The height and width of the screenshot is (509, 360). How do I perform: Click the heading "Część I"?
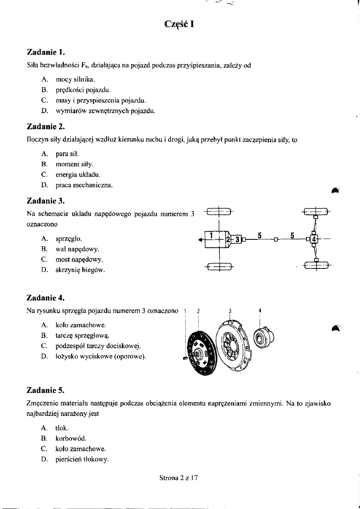pyautogui.click(x=180, y=24)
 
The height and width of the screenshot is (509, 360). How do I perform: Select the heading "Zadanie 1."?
pyautogui.click(x=46, y=52)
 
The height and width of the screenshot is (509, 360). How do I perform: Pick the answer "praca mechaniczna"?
pyautogui.click(x=84, y=185)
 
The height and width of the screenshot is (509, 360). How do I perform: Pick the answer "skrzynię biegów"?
pyautogui.click(x=80, y=270)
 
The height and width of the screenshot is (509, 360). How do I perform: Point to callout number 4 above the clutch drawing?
pyautogui.click(x=260, y=311)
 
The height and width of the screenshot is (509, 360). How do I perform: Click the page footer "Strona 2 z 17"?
pyautogui.click(x=179, y=478)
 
